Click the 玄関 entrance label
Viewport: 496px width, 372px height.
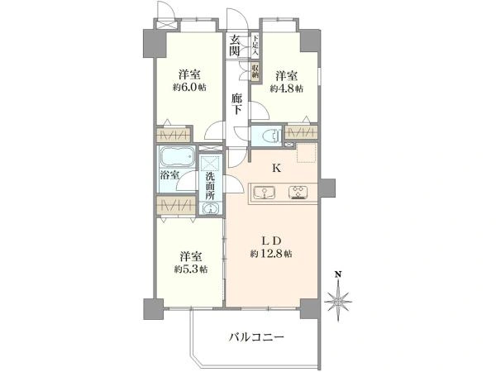click(x=236, y=46)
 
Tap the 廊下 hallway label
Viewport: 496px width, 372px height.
click(x=236, y=104)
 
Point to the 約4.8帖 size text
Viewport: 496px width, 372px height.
click(x=289, y=88)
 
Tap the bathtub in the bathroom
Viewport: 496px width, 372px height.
click(x=174, y=156)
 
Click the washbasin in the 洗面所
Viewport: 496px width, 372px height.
click(x=210, y=207)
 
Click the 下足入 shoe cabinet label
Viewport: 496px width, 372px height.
click(x=256, y=42)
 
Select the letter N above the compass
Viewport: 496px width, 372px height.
click(x=337, y=273)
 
